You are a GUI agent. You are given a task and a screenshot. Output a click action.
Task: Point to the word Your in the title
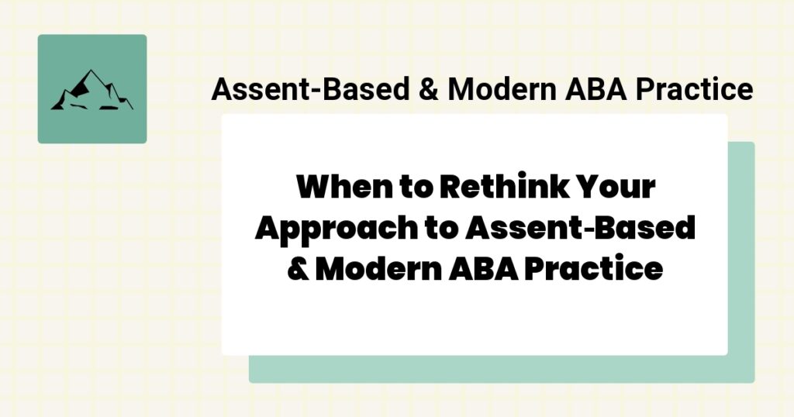[620, 188]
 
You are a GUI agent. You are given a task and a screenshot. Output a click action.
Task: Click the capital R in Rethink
[452, 188]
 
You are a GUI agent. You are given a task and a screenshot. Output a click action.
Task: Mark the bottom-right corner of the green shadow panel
[753, 381]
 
